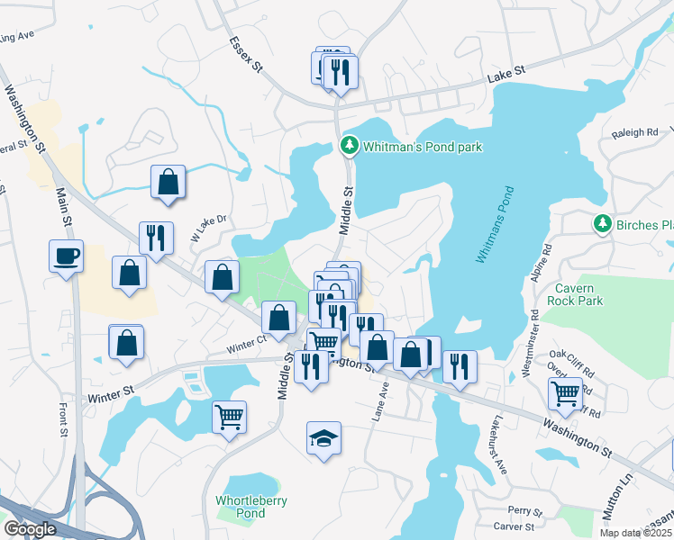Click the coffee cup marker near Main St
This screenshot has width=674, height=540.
(67, 257)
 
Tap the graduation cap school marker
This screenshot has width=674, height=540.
(324, 438)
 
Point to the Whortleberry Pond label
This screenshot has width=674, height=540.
(241, 507)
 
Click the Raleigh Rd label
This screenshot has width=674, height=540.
(635, 132)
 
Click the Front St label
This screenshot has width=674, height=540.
(64, 419)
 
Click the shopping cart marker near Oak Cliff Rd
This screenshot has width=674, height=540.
(565, 393)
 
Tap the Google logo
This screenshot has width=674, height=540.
(30, 528)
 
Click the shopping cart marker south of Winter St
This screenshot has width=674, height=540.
(230, 416)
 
